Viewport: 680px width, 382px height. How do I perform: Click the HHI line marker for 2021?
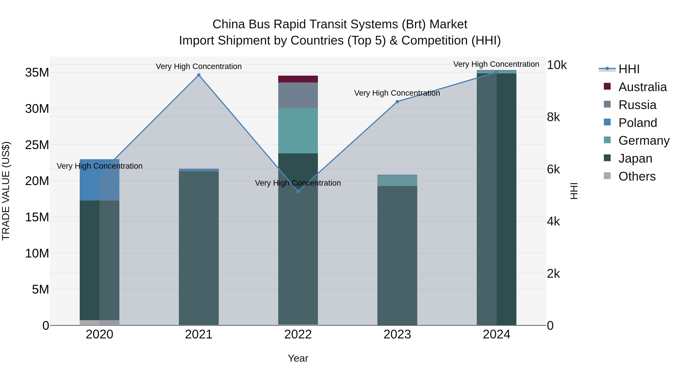tap(199, 75)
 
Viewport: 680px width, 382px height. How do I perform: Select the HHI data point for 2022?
tap(298, 191)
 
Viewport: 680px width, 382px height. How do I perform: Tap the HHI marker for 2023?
tap(397, 102)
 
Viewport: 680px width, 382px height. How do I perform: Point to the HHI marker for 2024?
tap(497, 72)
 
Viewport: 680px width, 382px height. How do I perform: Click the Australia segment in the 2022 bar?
tap(298, 79)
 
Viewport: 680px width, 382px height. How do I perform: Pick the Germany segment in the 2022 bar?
tap(298, 131)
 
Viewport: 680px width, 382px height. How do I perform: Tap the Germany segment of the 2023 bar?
tap(397, 181)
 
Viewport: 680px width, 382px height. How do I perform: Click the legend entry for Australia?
tap(642, 87)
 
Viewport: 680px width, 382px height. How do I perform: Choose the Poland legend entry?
tap(637, 123)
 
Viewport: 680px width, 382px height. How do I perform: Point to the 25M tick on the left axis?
tap(37, 145)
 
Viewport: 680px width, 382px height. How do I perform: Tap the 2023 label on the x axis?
tap(397, 334)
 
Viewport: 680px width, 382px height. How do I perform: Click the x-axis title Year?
tap(298, 358)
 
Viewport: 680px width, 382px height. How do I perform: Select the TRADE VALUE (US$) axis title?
tap(6, 191)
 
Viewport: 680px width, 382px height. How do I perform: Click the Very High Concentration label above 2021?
tap(199, 66)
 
